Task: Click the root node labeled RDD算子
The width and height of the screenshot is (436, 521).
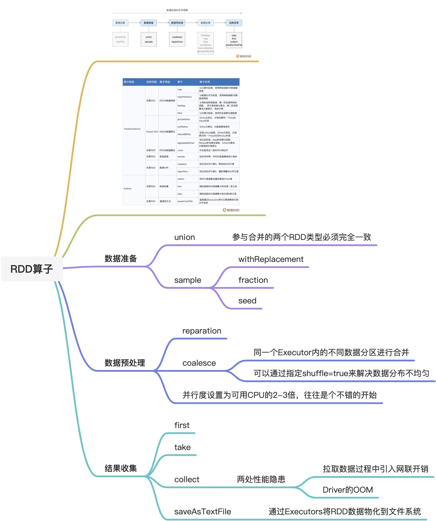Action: tap(32, 269)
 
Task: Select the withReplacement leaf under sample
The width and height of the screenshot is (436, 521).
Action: tap(271, 259)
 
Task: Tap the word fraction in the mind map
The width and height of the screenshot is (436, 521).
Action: tap(253, 280)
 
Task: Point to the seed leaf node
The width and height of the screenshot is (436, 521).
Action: tap(247, 301)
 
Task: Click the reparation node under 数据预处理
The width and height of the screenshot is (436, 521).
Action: tap(201, 331)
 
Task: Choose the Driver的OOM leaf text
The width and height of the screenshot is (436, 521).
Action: tap(347, 490)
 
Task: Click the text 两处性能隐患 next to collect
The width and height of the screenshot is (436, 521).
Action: tap(261, 479)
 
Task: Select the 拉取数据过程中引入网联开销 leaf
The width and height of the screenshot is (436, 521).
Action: tap(375, 469)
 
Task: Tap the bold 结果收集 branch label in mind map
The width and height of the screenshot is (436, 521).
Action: tap(120, 468)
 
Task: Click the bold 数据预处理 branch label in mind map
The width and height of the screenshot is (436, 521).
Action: tap(125, 363)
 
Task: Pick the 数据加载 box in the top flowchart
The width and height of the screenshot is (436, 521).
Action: tap(120, 23)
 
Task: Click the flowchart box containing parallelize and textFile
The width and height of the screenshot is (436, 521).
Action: tap(120, 39)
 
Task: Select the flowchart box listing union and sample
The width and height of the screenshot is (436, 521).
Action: tap(149, 39)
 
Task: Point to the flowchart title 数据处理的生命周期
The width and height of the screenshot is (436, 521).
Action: tap(177, 10)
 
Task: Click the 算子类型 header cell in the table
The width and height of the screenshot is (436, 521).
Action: tap(129, 82)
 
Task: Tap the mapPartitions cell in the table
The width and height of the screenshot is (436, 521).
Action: tap(184, 97)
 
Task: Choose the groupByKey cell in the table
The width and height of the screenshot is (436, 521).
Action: tap(183, 119)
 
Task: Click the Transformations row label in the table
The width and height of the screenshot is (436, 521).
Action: tap(132, 129)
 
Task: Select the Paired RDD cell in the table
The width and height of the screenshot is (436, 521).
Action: tap(152, 132)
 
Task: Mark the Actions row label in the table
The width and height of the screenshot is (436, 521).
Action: tap(127, 189)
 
